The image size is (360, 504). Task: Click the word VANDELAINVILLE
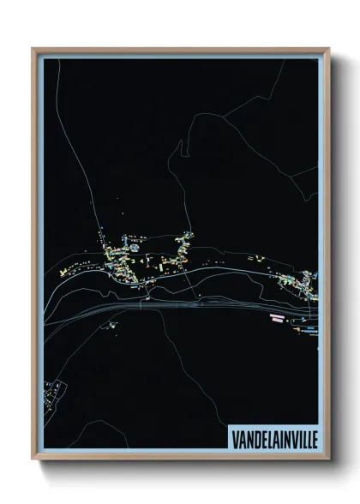click(272, 437)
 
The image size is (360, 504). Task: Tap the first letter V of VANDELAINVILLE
click(233, 437)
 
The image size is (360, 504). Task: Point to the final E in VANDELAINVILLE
click(311, 437)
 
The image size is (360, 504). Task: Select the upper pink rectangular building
click(277, 315)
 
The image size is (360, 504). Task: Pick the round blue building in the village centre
click(134, 248)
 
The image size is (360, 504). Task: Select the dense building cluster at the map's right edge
click(304, 283)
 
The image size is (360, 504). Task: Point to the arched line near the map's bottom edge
click(111, 429)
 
